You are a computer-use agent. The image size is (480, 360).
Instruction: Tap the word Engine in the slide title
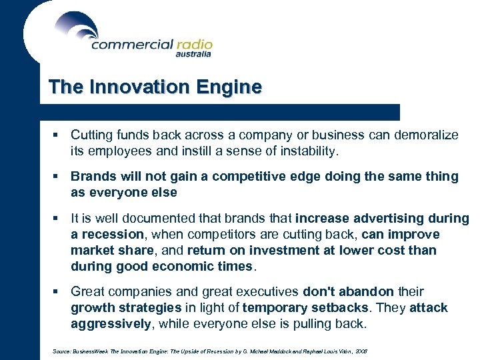click(x=234, y=87)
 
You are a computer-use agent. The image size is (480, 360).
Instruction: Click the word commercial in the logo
click(x=131, y=45)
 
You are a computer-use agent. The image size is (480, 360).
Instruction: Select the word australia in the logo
click(x=193, y=55)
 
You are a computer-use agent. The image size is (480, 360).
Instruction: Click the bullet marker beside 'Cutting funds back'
click(x=58, y=135)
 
